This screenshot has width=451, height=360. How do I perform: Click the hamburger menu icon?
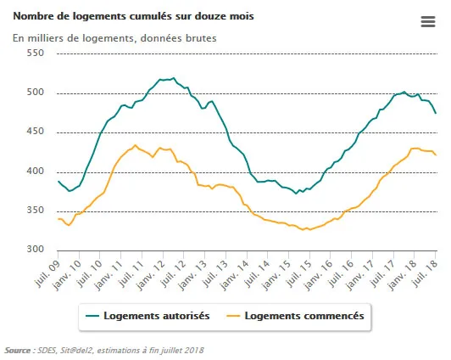click(427, 22)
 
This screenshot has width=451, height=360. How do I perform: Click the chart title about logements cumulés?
click(132, 16)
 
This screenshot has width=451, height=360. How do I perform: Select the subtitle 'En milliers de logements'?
click(115, 38)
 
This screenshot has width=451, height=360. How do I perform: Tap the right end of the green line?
click(436, 113)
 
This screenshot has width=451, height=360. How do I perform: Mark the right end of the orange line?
click(436, 155)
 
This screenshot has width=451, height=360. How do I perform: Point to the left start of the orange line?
click(58, 219)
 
